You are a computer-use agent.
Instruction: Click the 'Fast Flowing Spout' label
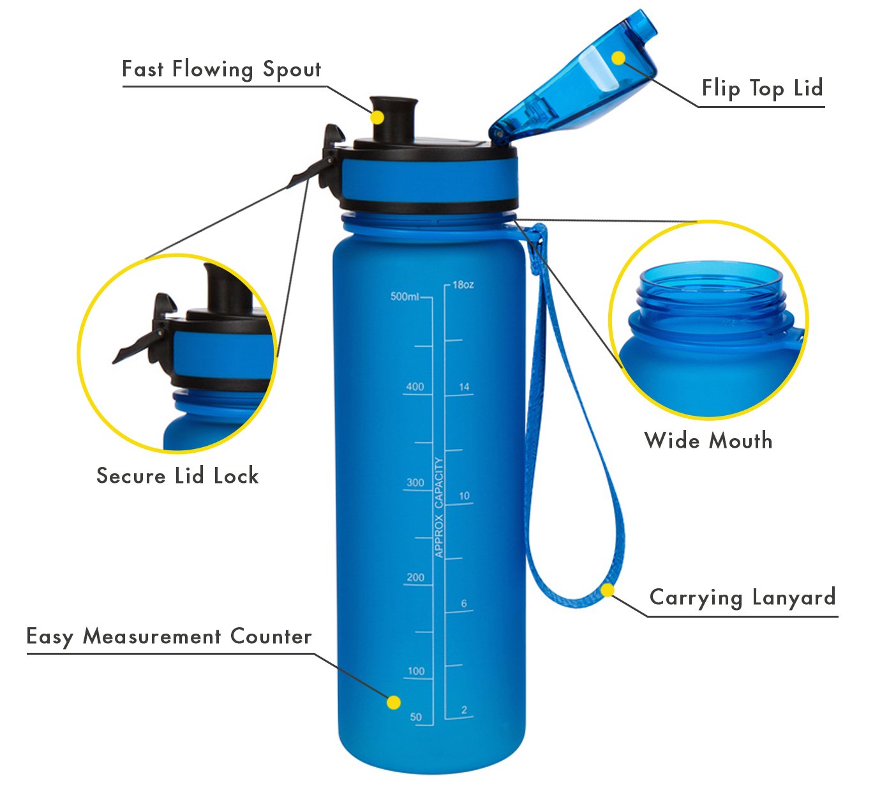221,69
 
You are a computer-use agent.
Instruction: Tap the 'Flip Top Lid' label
762,89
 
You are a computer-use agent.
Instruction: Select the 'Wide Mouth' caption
708,440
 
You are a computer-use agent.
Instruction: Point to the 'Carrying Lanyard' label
742,598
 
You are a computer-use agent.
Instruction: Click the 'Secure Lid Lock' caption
177,476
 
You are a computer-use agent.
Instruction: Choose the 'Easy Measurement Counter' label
169,637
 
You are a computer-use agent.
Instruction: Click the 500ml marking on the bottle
405,297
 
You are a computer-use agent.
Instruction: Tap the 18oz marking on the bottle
463,285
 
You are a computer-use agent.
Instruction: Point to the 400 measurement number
415,386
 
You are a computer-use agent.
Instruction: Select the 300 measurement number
415,483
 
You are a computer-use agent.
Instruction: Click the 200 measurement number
415,577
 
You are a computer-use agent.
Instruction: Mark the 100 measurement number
416,671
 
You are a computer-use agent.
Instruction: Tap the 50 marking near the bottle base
415,717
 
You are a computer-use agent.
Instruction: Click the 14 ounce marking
464,386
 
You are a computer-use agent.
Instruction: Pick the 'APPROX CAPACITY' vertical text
439,508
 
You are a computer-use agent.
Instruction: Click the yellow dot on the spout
377,117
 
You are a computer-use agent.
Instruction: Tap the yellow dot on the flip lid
618,58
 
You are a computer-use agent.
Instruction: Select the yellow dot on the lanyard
608,590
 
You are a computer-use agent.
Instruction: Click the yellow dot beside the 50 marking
394,702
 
